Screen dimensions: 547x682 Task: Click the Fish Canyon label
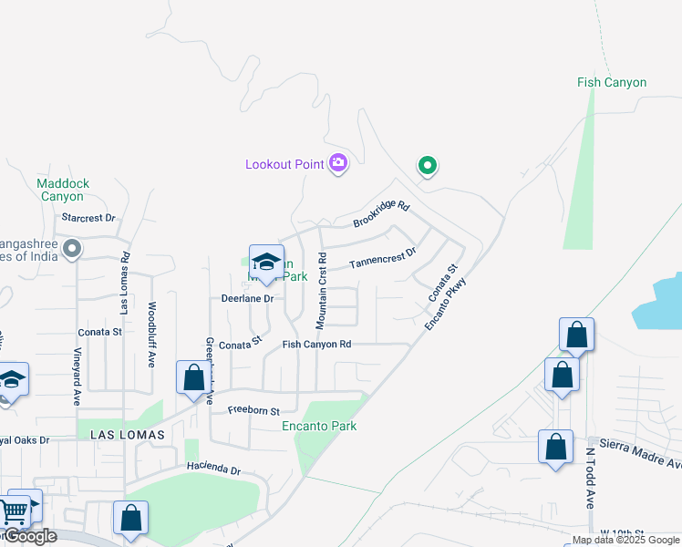(612, 82)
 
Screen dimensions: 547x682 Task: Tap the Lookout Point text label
(285, 164)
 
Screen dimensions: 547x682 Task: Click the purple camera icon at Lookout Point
(338, 163)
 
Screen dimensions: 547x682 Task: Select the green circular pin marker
(427, 166)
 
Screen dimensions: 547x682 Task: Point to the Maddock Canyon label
(64, 190)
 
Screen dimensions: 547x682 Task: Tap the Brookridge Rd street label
(382, 215)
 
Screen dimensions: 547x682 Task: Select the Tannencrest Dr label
(383, 258)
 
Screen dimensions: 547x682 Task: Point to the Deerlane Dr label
(247, 298)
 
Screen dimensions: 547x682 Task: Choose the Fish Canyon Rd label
(316, 344)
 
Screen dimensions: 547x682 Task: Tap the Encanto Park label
(318, 426)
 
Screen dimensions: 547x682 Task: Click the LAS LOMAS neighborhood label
(128, 436)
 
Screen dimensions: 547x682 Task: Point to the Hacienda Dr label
(212, 470)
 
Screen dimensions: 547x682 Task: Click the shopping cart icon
(15, 512)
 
